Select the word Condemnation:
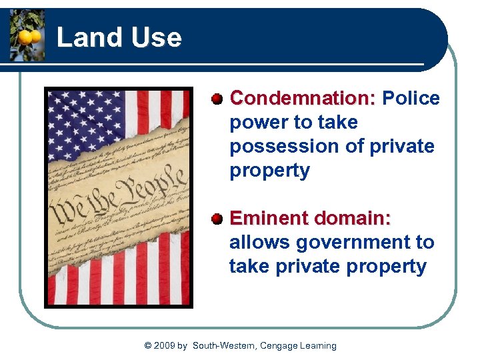(x=303, y=99)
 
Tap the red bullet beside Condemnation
(x=217, y=99)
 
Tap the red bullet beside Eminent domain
(x=217, y=219)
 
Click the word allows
(x=257, y=243)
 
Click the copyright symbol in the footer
(x=148, y=345)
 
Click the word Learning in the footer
(x=318, y=345)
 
